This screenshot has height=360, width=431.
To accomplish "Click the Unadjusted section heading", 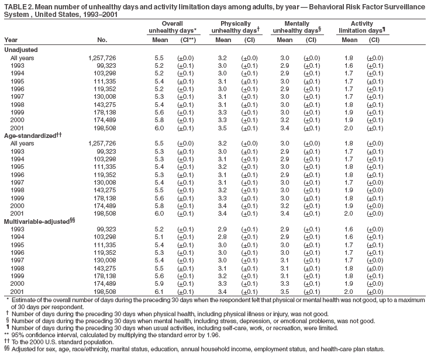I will pos(20,50).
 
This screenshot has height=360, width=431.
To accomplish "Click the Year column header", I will pos(11,40).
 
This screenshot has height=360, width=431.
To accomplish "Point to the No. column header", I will pos(103,40).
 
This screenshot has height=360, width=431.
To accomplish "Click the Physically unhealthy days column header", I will pos(232,26).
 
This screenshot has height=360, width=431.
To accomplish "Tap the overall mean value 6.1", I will pos(158,291).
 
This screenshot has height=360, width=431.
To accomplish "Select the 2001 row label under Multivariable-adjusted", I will pos(18,291).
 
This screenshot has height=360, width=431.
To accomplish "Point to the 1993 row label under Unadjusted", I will pos(18,67).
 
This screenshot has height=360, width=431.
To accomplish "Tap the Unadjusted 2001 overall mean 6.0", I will pos(158,127).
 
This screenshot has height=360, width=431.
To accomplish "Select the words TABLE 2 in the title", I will pos(17,6).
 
